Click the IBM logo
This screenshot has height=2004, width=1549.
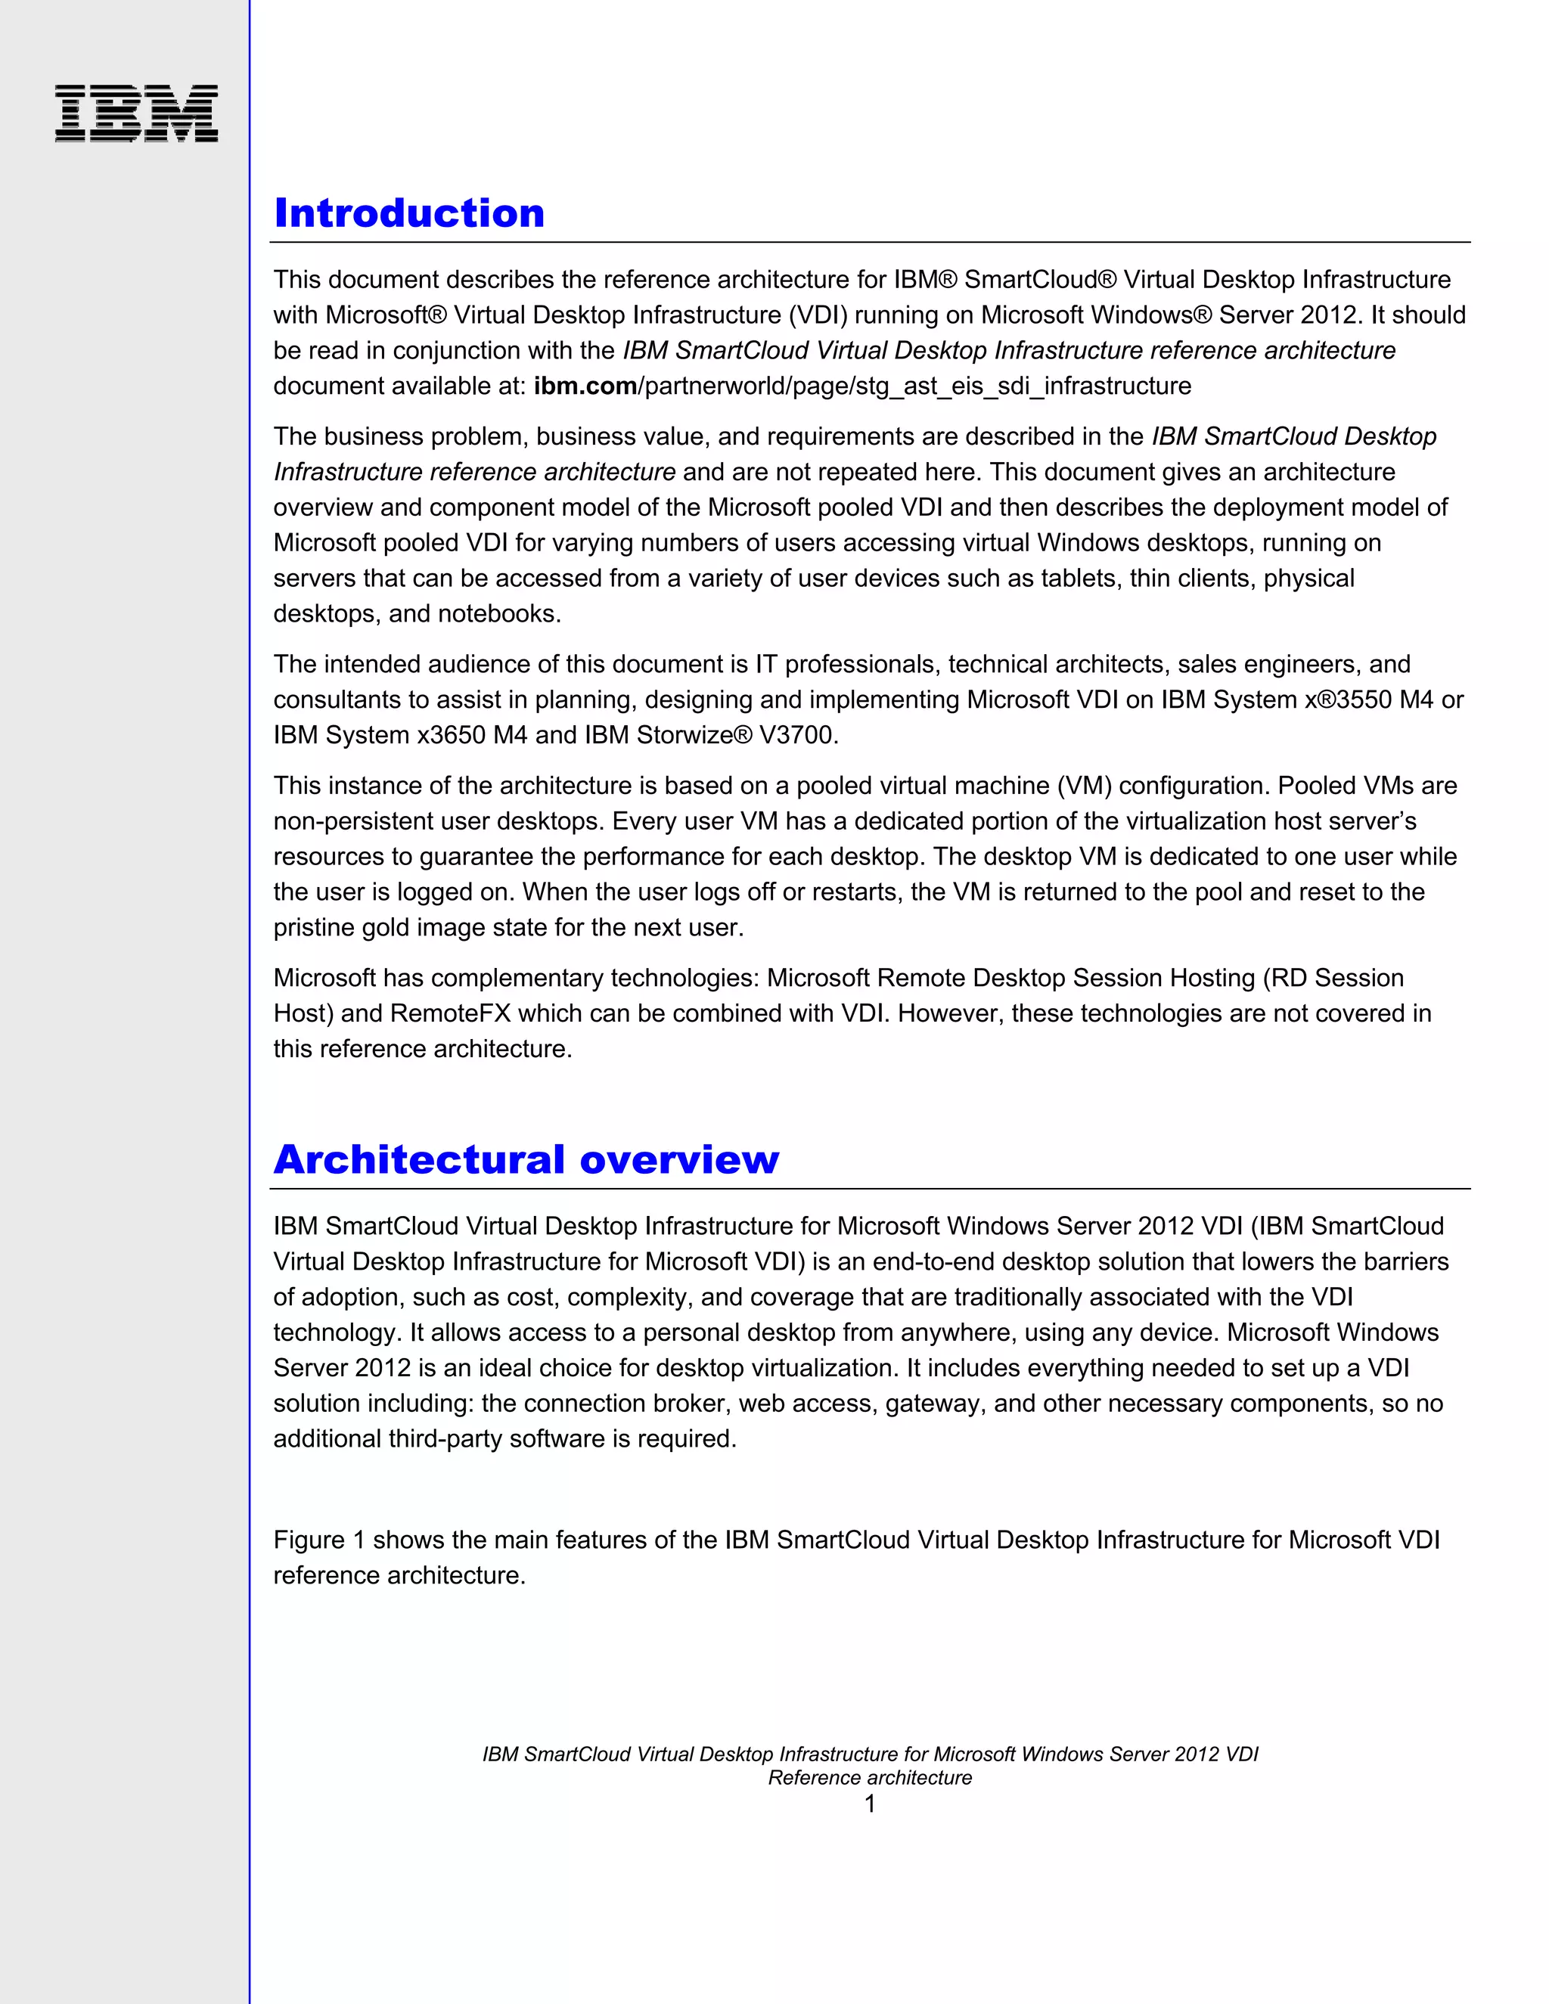tap(136, 113)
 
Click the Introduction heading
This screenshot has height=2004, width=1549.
tap(409, 214)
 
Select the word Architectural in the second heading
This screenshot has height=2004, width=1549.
tap(418, 1160)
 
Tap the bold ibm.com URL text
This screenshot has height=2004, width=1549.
tap(585, 386)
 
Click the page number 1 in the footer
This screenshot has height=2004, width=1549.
tap(869, 1804)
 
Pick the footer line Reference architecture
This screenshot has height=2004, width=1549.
tap(869, 1779)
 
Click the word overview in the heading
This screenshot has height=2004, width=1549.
tap(679, 1160)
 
